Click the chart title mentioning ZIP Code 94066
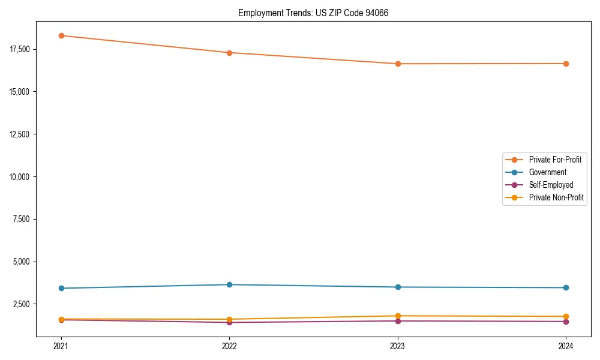pyautogui.click(x=313, y=13)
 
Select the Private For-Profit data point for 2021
pyautogui.click(x=61, y=35)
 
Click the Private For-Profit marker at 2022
pyautogui.click(x=229, y=53)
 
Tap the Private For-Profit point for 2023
pyautogui.click(x=398, y=64)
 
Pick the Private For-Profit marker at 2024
pyautogui.click(x=566, y=64)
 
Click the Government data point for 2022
pyautogui.click(x=229, y=284)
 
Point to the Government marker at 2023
pyautogui.click(x=398, y=287)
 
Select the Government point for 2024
pyautogui.click(x=566, y=287)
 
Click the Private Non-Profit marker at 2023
pyautogui.click(x=398, y=316)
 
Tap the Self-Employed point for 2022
pyautogui.click(x=229, y=322)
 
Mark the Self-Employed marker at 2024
pyautogui.click(x=566, y=322)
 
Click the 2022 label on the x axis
pyautogui.click(x=229, y=346)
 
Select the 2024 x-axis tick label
pyautogui.click(x=566, y=346)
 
